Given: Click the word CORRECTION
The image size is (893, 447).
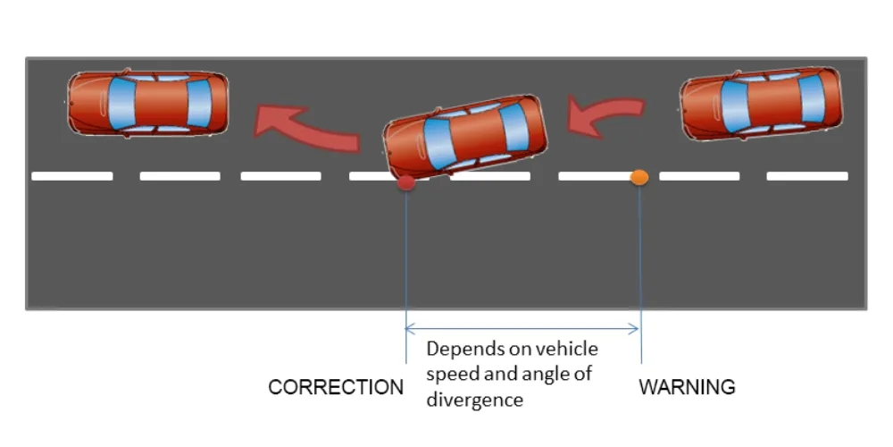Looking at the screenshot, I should click(x=336, y=388).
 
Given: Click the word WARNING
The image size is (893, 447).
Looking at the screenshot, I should click(x=687, y=388).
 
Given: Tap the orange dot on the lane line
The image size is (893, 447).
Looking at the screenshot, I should click(x=639, y=177).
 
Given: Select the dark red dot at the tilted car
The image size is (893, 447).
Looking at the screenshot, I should click(x=405, y=183).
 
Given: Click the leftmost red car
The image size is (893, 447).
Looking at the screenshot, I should click(x=148, y=102).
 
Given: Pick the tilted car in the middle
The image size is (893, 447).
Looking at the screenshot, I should click(x=464, y=136).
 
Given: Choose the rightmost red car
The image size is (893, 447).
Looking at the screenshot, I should click(x=761, y=103).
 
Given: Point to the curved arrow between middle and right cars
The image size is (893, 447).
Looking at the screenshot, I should click(x=607, y=116).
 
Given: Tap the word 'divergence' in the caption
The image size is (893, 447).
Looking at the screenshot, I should click(x=474, y=400).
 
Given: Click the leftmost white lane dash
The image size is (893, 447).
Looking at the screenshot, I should click(x=72, y=176).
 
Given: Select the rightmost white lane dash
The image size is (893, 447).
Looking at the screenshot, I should click(x=807, y=176).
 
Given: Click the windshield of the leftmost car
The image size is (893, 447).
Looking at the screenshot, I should click(x=121, y=102).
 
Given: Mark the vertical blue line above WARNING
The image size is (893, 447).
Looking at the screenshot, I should click(x=640, y=268).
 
